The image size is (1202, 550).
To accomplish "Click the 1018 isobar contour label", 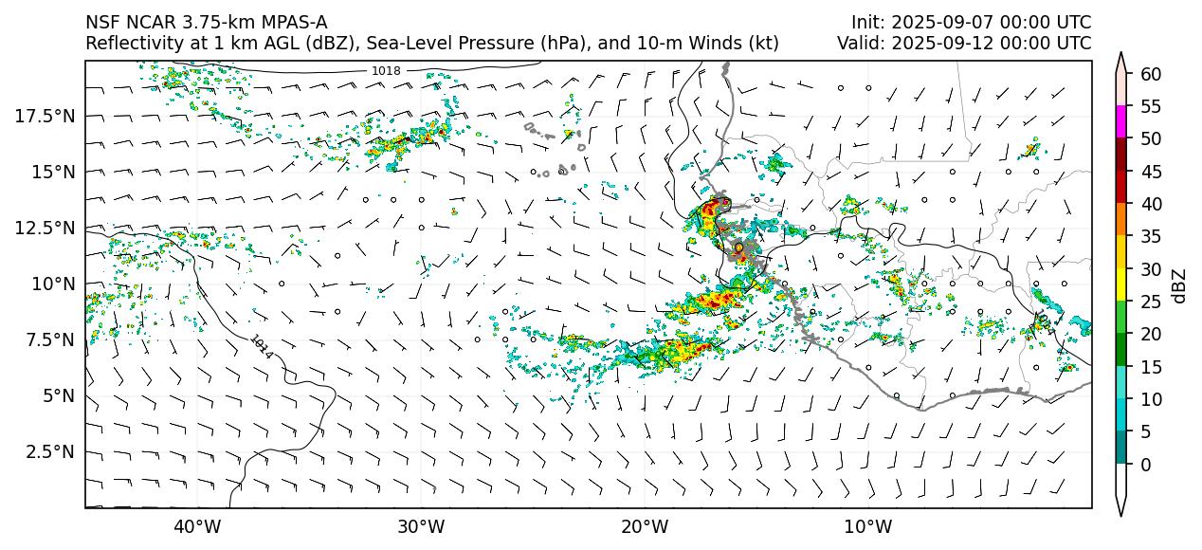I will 385,70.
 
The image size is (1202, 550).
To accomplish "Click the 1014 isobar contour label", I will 262,346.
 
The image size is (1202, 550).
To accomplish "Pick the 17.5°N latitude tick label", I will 45,116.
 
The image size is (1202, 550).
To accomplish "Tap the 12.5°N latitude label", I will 45,228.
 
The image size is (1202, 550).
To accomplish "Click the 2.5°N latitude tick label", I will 48,451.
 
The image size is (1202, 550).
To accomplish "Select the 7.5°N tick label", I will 48,339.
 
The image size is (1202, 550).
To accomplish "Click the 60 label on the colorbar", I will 1151,74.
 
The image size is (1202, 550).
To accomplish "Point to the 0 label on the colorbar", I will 1146,465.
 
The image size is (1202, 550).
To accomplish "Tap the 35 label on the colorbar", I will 1151,237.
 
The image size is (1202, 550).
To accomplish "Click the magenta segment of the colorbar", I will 1121,122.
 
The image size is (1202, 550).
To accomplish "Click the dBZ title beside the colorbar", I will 1179,284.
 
